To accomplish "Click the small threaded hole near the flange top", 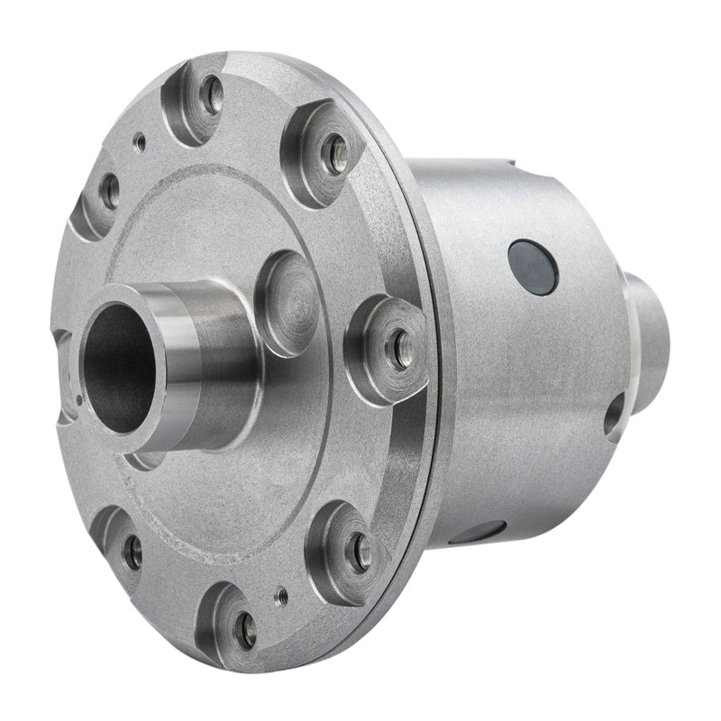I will coord(139,141).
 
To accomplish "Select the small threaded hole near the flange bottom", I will coord(281,594).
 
